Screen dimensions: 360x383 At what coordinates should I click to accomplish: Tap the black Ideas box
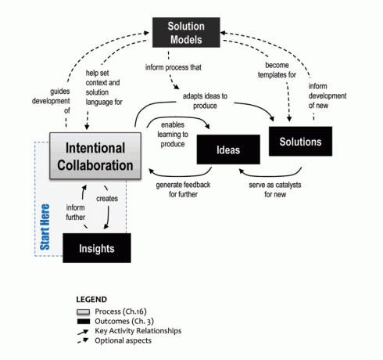coord(228,149)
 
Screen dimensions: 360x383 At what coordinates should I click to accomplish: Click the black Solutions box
coord(300,142)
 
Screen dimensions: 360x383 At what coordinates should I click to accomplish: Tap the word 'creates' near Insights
coord(108,200)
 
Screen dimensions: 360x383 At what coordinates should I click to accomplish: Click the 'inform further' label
coord(75,213)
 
